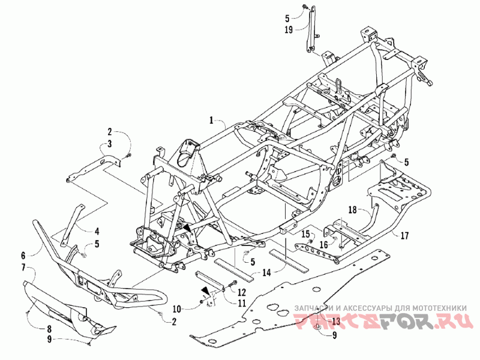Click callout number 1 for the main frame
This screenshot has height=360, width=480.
click(211, 121)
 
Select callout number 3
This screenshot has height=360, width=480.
click(110, 143)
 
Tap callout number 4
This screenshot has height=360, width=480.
click(96, 230)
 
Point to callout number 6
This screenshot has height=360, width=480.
click(23, 255)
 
